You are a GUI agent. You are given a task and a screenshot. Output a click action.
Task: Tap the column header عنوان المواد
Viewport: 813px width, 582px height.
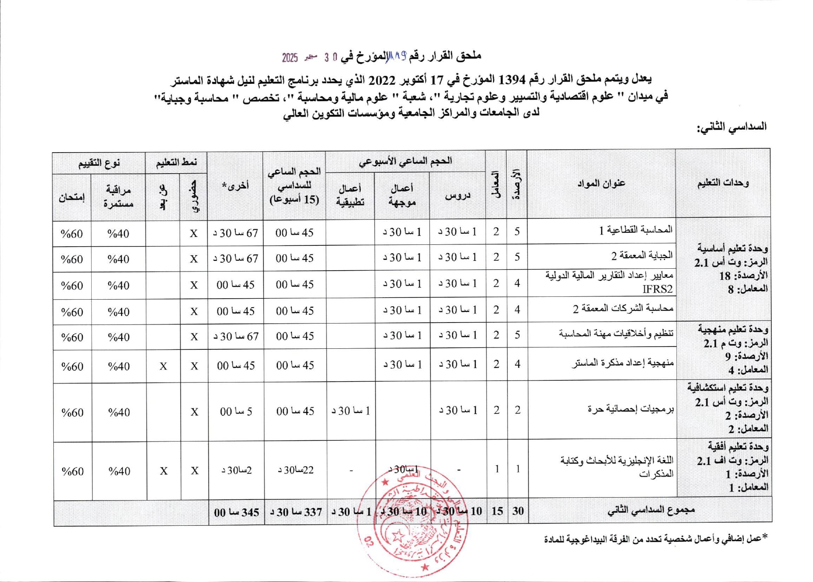(x=601, y=184)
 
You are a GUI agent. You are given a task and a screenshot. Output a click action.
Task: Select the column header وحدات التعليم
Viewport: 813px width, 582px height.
(x=723, y=183)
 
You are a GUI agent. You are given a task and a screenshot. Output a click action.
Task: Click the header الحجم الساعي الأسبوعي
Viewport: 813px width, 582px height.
(x=405, y=161)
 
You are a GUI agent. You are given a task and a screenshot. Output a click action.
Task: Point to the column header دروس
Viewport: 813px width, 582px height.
(x=457, y=195)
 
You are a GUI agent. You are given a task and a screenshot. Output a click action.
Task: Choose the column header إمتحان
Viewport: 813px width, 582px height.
(x=72, y=197)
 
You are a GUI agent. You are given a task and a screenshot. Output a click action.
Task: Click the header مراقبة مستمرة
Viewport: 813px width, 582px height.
(x=118, y=197)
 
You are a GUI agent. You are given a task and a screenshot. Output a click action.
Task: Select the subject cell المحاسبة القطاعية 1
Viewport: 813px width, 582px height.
(x=636, y=230)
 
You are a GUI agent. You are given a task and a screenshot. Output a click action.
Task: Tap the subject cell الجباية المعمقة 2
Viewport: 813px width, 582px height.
(x=641, y=256)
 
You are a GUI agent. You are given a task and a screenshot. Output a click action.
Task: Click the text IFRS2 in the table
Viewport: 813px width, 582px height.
(x=657, y=289)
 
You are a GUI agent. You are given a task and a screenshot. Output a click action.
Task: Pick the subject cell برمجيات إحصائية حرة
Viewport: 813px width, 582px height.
(x=631, y=409)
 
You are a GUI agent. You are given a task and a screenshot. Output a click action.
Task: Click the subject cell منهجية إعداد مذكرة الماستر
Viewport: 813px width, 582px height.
(x=622, y=363)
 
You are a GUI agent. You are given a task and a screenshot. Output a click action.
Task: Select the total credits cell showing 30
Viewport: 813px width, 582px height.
(x=517, y=511)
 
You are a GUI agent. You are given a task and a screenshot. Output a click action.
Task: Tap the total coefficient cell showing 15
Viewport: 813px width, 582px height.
(x=497, y=511)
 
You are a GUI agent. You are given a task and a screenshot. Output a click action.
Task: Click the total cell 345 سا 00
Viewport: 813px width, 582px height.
(x=236, y=512)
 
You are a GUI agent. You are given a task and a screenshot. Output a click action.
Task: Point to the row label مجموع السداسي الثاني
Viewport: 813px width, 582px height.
(x=651, y=510)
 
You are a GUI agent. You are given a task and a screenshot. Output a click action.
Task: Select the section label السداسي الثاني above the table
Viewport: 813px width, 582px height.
(x=732, y=127)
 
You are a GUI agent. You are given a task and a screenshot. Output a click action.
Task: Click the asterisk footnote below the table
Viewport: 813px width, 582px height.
(x=655, y=539)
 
